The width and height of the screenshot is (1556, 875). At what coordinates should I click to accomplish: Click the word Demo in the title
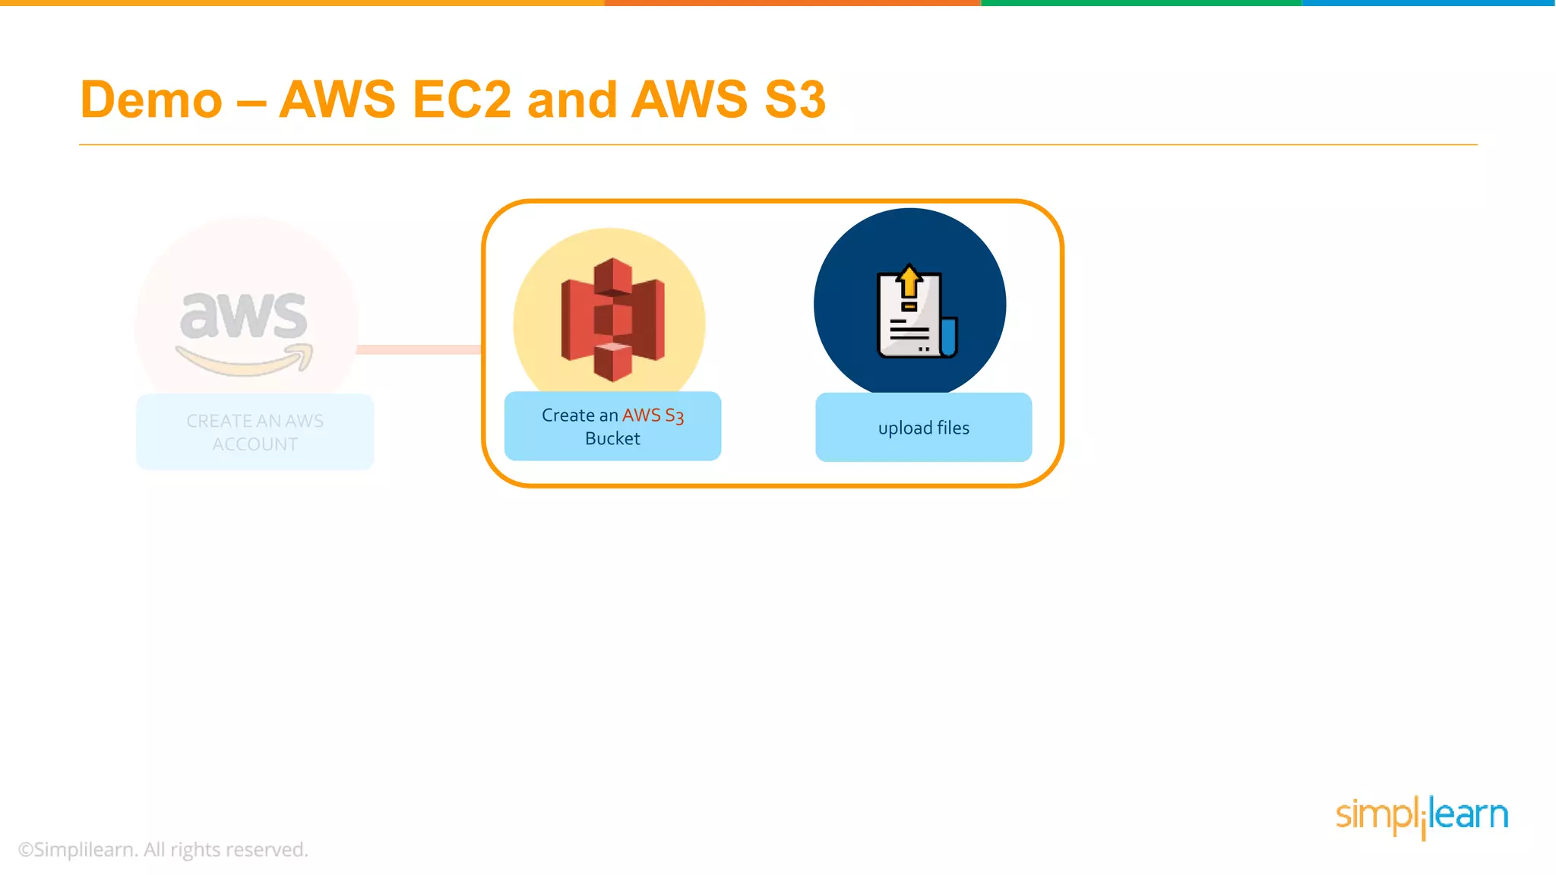coord(151,100)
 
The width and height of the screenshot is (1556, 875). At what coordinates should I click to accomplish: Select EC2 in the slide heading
coord(461,100)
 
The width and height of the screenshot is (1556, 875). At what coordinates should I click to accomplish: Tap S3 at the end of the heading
coord(795,100)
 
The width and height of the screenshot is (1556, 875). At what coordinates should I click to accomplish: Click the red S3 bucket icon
coord(612,319)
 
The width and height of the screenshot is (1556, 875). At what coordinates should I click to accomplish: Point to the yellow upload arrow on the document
coord(909,281)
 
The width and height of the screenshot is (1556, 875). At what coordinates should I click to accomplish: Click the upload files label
coord(923,428)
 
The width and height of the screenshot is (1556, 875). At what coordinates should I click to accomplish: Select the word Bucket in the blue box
coord(612,439)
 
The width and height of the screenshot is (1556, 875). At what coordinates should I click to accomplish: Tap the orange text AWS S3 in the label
coord(653,415)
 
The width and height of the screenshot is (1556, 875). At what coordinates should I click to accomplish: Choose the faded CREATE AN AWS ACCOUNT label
coord(255,432)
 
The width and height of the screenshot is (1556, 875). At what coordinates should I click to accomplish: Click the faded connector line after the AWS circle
coord(419,349)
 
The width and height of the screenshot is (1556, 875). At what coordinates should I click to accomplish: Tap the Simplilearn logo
coord(1422,817)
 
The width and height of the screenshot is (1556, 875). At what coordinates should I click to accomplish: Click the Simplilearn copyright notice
coord(163,850)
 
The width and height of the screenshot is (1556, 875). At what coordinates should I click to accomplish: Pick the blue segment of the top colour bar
coord(1428,3)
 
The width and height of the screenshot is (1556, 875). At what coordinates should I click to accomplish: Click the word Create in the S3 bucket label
coord(568,415)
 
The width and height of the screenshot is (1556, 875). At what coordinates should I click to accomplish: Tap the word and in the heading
coord(572,100)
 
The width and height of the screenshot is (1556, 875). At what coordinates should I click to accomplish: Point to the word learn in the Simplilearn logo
coord(1469,815)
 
